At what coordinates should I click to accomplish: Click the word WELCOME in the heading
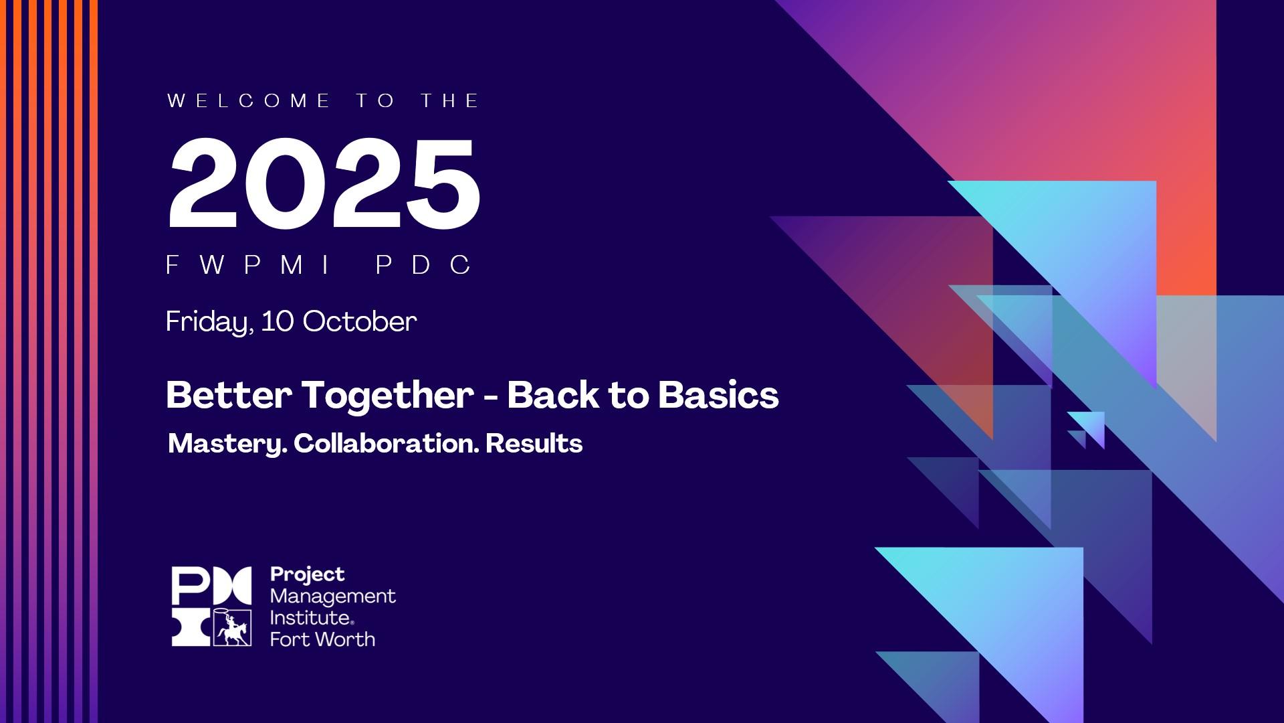click(249, 101)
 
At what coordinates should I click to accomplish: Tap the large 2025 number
click(324, 183)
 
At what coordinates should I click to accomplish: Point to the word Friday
click(209, 322)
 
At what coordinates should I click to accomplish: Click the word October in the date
click(360, 322)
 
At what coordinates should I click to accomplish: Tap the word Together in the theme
click(387, 395)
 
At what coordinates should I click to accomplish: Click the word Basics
click(718, 395)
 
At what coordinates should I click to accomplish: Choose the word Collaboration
click(386, 443)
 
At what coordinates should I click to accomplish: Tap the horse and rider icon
click(233, 629)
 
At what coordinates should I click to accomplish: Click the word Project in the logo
click(307, 575)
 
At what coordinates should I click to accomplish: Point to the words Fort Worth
click(322, 639)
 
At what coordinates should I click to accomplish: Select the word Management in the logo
click(332, 596)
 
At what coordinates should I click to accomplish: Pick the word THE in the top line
click(450, 101)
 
